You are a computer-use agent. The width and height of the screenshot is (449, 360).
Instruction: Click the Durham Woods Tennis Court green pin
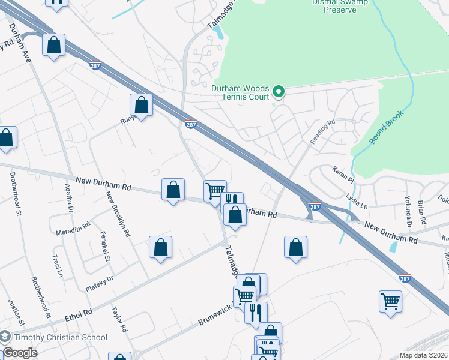click(x=278, y=92)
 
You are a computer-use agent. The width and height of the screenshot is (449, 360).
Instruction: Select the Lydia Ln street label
click(x=358, y=197)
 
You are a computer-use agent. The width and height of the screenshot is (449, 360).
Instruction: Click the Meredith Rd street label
click(x=73, y=226)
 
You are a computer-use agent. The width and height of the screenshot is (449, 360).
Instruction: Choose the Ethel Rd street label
click(x=79, y=313)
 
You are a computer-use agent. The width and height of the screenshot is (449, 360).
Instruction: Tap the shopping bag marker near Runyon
click(x=141, y=106)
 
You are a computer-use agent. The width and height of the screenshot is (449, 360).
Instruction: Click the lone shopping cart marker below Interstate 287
click(x=390, y=302)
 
